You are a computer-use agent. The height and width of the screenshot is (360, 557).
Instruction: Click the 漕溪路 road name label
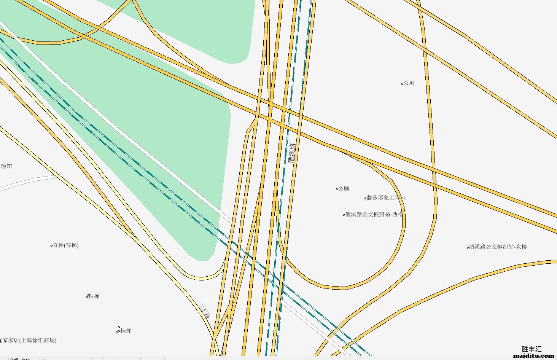tap(291, 153)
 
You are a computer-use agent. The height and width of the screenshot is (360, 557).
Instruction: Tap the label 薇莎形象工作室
tap(386, 198)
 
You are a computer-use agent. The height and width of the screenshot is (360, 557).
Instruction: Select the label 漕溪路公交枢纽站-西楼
tap(374, 215)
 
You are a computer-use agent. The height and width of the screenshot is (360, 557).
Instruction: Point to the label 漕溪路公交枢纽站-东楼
tap(498, 247)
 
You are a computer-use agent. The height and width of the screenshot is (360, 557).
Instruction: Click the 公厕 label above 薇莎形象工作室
tap(343, 189)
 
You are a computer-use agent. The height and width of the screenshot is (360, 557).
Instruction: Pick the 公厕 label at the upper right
tap(409, 83)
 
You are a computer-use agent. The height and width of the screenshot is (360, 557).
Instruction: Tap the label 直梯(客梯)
tap(65, 245)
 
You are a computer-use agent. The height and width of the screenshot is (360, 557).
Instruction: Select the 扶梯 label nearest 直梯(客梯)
tap(94, 296)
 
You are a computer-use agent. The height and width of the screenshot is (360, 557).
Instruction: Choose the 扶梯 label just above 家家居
tap(126, 330)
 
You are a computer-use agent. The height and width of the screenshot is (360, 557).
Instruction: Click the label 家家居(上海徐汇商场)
tap(28, 340)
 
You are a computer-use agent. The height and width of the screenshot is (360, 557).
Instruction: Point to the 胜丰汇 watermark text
tap(532, 349)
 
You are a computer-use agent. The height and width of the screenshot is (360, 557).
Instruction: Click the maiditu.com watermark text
tap(533, 356)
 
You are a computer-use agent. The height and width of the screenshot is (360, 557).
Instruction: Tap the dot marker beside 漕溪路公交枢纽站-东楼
tap(468, 247)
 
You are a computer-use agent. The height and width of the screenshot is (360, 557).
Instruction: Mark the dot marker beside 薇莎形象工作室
tap(366, 198)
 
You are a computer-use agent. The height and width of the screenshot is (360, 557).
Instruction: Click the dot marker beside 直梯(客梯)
tap(51, 246)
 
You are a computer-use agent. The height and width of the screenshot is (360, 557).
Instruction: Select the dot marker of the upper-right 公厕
tap(402, 84)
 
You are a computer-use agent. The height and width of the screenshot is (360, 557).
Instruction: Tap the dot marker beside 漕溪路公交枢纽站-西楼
tap(344, 215)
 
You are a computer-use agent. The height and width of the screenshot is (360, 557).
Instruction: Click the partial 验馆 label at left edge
tap(6, 166)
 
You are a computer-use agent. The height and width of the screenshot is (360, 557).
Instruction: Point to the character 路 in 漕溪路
tap(292, 146)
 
